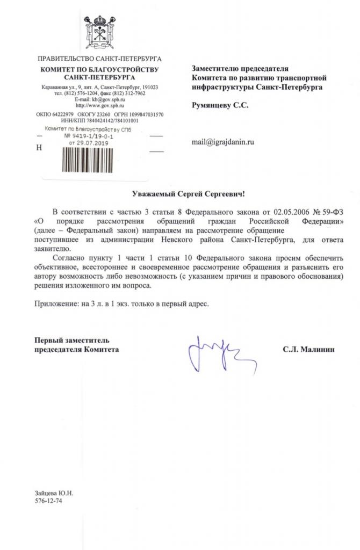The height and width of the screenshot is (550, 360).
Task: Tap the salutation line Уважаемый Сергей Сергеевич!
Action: coord(192,193)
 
